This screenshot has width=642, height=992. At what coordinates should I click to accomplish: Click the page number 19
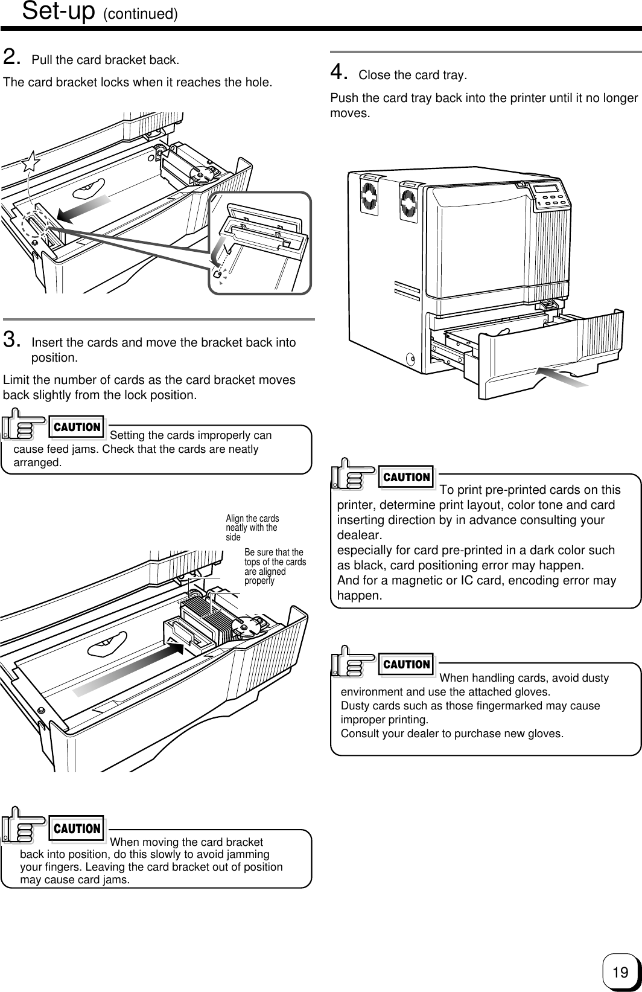click(x=620, y=972)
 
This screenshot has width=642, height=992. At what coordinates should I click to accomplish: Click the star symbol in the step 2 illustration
click(x=31, y=162)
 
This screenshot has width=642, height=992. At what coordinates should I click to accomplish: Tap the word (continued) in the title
click(x=140, y=14)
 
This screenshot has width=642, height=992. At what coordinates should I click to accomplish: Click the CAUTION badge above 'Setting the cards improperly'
click(x=77, y=427)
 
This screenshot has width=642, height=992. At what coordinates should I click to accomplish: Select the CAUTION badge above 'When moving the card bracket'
click(x=77, y=828)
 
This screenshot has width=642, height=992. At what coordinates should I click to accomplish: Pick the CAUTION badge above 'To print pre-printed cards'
click(x=407, y=477)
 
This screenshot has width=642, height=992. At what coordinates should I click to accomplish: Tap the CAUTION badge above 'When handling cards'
click(x=407, y=664)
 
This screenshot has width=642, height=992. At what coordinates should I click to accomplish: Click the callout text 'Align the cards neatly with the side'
click(x=252, y=528)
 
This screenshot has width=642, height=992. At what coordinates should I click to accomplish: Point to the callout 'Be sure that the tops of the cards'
click(x=275, y=566)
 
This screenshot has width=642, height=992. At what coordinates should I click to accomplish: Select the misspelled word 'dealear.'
click(x=360, y=536)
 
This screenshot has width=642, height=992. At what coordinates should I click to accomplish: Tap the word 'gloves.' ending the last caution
click(x=545, y=734)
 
